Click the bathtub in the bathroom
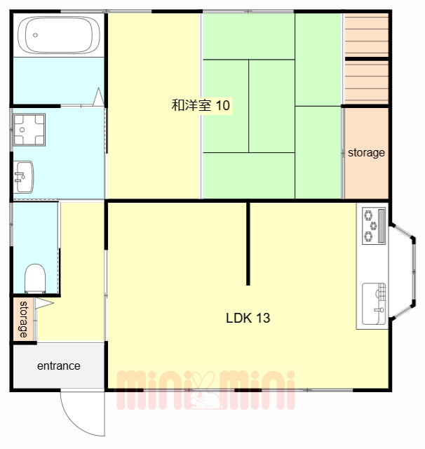tap(59, 34)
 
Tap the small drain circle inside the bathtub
tap(35, 35)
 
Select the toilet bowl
tap(35, 278)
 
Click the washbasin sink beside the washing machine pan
tap(24, 177)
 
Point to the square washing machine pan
tap(29, 130)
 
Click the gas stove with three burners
tap(374, 226)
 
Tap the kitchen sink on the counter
tap(374, 304)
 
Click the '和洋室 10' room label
tap(201, 105)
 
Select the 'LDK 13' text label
tap(248, 318)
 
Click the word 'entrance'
tap(59, 366)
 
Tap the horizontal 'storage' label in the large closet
tap(366, 153)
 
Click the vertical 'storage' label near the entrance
tap(23, 319)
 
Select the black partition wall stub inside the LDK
tap(248, 243)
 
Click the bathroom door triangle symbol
tap(98, 97)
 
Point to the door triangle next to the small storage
tap(44, 303)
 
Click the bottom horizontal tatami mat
tap(249, 175)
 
